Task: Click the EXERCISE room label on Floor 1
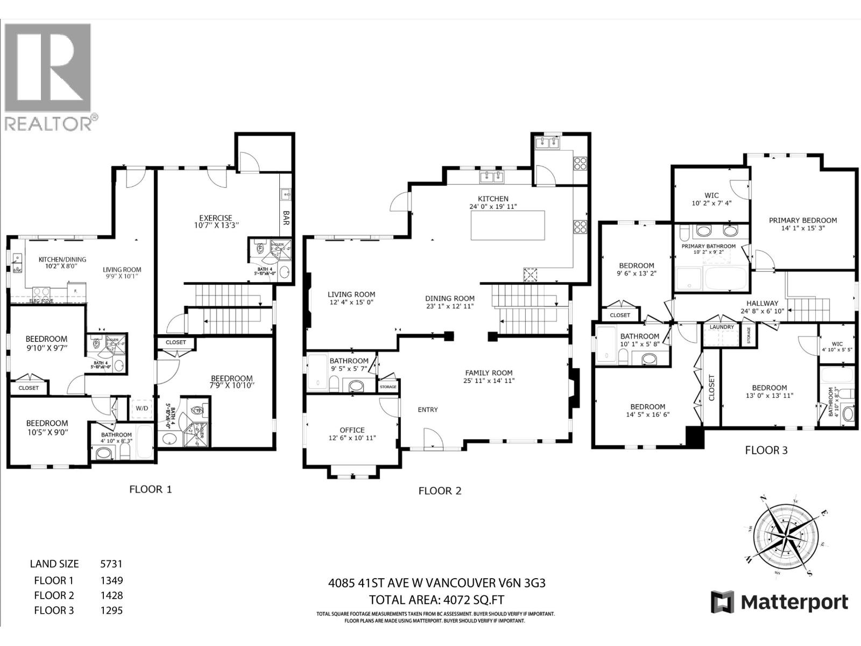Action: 214,218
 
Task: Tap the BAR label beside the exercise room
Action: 286,217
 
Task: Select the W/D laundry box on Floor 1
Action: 143,409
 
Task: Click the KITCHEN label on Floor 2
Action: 493,199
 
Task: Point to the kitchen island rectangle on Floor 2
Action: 507,225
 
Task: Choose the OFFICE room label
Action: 352,430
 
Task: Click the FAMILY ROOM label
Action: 489,373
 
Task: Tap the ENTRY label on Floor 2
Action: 428,410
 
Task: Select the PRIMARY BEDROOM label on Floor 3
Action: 802,220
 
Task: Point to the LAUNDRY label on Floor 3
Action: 722,327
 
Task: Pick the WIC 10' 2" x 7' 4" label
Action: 711,195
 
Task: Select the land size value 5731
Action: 111,564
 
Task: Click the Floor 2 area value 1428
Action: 111,595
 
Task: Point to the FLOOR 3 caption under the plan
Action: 766,450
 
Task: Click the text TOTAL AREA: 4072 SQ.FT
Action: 436,600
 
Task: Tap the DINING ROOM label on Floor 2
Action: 449,298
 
